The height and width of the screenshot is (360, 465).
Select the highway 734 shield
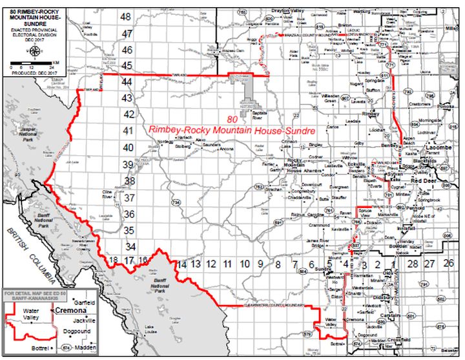[175, 202]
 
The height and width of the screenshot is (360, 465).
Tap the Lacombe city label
[437, 149]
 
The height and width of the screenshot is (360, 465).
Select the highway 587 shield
[356, 246]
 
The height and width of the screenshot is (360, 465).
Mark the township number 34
[130, 246]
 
